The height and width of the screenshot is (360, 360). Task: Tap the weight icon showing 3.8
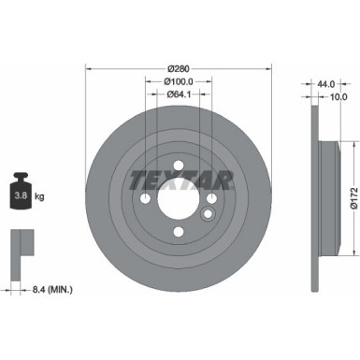[19, 194]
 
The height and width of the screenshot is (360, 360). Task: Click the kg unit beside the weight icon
[38, 197]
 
